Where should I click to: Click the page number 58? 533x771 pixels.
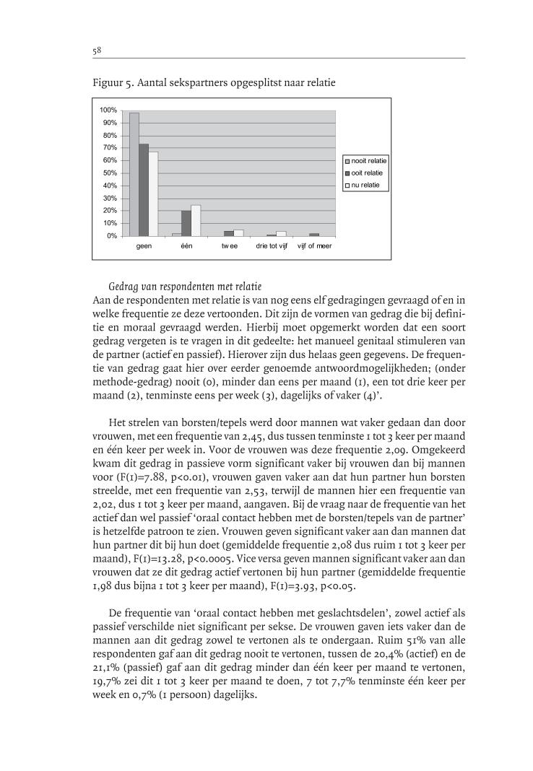96,51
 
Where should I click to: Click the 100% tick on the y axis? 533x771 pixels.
108,110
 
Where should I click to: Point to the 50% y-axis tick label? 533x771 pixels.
110,173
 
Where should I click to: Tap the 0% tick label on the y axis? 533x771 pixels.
112,236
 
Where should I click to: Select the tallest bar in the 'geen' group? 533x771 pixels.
134,174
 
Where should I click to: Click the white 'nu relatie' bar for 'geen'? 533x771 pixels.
153,193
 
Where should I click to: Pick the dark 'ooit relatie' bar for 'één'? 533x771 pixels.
186,223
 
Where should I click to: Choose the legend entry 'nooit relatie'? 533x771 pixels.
368,160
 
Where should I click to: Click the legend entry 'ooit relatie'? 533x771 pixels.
367,173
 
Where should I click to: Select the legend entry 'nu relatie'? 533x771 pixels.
365,186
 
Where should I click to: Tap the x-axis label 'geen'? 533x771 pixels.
144,246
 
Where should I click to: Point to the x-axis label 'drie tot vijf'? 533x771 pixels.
272,246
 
